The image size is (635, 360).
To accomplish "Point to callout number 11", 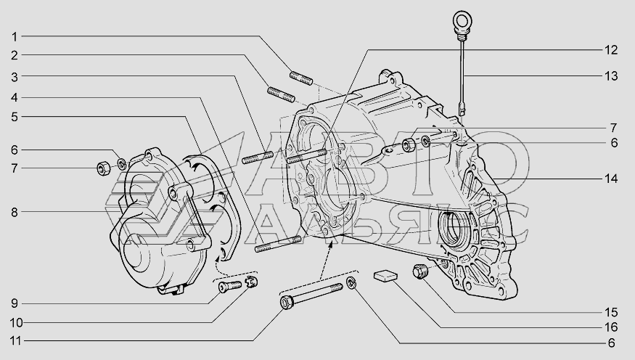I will (x=15, y=340).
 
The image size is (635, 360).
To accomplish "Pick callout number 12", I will (x=611, y=50).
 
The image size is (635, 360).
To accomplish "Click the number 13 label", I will (x=611, y=75).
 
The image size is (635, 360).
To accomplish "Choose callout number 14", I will (x=611, y=178).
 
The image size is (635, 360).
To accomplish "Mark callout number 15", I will (x=611, y=311).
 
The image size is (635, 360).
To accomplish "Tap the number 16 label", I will (x=611, y=327).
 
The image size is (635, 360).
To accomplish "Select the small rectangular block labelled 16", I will (x=386, y=276).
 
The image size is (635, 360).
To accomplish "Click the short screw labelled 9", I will (x=226, y=288).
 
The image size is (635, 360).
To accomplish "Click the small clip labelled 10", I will (x=252, y=282).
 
